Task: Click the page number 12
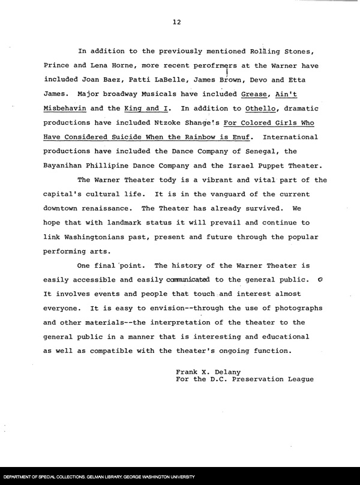tap(176, 22)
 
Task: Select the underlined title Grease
tap(254, 95)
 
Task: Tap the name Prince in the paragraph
tap(57, 65)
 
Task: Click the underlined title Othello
tap(261, 109)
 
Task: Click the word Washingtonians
tap(94, 238)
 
